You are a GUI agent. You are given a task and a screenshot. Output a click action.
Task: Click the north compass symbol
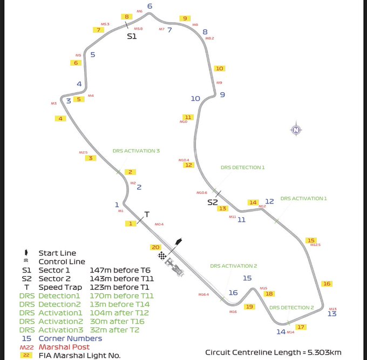pyautogui.click(x=296, y=130)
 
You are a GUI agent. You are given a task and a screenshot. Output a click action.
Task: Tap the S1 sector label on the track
pyautogui.click(x=132, y=36)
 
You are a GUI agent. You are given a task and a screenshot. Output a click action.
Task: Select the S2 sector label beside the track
pyautogui.click(x=213, y=202)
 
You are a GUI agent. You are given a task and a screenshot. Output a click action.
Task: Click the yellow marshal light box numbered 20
pyautogui.click(x=156, y=247)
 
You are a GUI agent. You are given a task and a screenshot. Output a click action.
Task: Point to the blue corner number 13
pyautogui.click(x=332, y=314)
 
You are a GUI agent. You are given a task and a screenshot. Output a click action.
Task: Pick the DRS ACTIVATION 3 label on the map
pyautogui.click(x=137, y=151)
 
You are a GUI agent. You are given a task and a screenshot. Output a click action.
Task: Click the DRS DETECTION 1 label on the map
pyautogui.click(x=243, y=167)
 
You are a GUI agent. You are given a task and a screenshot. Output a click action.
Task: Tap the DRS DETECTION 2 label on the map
pyautogui.click(x=291, y=307)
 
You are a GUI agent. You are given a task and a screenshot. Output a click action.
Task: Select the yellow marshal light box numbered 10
pyautogui.click(x=219, y=69)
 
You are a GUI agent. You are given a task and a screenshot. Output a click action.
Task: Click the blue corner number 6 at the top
pyautogui.click(x=149, y=6)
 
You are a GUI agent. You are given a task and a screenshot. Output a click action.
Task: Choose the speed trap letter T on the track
pyautogui.click(x=147, y=213)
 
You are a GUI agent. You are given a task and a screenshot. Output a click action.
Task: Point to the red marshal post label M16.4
pyautogui.click(x=203, y=295)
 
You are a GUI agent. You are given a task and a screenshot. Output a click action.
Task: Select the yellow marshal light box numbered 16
pyautogui.click(x=327, y=283)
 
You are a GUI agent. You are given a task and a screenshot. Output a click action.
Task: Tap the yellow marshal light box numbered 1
pyautogui.click(x=130, y=223)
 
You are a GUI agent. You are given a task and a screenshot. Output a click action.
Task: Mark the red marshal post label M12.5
pyautogui.click(x=315, y=245)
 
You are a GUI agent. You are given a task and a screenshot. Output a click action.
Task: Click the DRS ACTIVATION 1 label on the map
pyautogui.click(x=304, y=198)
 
